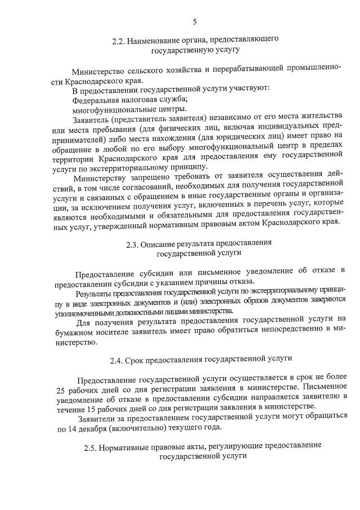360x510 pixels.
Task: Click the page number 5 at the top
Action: tap(195, 22)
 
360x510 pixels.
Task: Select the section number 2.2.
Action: tap(118, 41)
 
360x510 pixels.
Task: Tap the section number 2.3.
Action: tap(132, 244)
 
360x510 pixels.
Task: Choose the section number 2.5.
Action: tap(90, 445)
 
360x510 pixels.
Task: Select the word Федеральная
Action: tap(94, 99)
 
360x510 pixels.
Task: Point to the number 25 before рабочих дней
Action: tap(62, 389)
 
